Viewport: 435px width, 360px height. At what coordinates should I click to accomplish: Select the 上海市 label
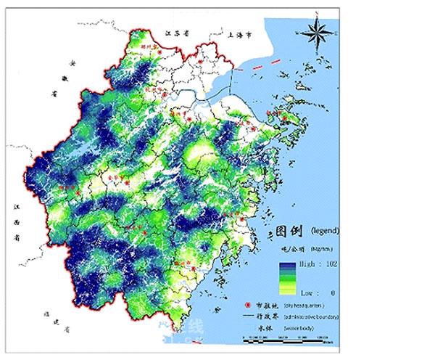click(x=239, y=34)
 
